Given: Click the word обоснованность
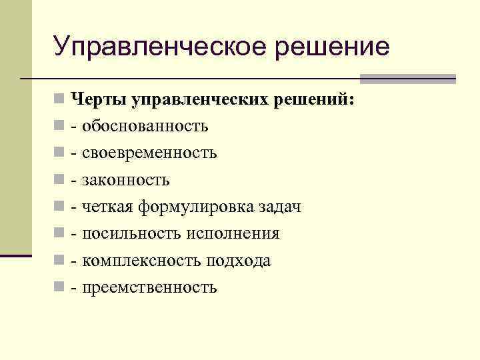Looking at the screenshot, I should click(x=145, y=126).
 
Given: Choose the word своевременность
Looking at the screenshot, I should click(x=149, y=153).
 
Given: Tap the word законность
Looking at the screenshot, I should click(x=126, y=180).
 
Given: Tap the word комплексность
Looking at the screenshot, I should click(x=139, y=261).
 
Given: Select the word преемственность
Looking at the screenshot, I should click(x=149, y=288).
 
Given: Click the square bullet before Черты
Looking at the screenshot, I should click(x=60, y=100).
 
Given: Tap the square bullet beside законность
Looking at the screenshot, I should click(x=60, y=181).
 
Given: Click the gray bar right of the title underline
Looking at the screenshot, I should click(x=408, y=79).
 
